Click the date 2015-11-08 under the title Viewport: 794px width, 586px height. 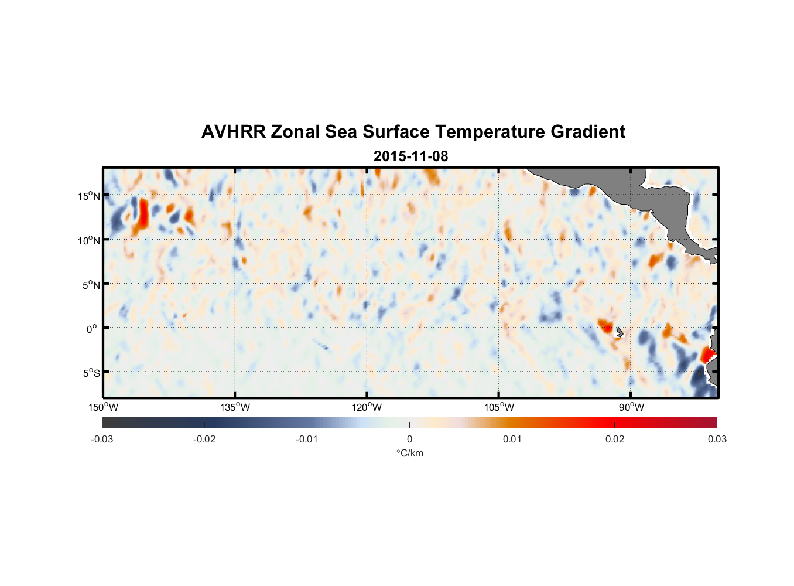pos(410,156)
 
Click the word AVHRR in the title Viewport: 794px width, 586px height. pos(233,132)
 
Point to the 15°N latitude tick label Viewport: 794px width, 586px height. pos(89,196)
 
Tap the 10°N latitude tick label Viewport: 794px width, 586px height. pos(89,240)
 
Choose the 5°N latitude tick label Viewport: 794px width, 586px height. pos(91,285)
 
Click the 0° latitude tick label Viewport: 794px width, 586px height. pos(92,329)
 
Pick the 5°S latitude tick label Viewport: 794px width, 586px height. pos(91,373)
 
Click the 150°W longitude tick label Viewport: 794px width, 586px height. pos(104,407)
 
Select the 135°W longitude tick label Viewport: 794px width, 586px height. pos(235,407)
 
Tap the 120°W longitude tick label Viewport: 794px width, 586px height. pos(367,407)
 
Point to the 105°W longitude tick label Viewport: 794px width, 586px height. pos(499,407)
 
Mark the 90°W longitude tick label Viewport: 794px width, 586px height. pos(631,407)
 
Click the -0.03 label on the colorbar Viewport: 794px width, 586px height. pos(102,439)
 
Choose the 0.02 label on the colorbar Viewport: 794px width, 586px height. pos(615,439)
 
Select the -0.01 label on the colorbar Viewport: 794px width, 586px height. pos(307,439)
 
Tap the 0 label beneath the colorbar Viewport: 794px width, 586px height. pos(409,439)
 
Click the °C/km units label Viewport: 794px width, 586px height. pos(410,453)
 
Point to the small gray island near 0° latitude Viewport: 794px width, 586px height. pos(620,332)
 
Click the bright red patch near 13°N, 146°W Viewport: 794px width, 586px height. pos(142,214)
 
